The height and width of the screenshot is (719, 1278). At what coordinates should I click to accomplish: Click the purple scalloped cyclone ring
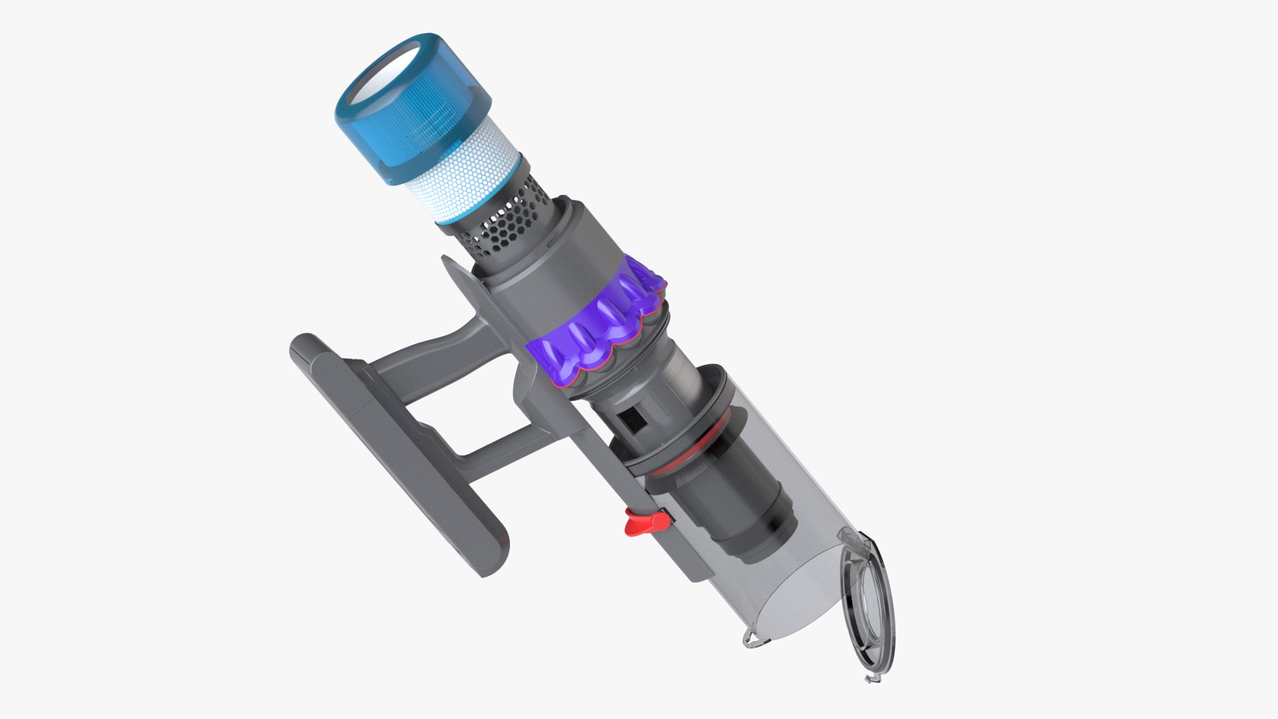click(599, 326)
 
